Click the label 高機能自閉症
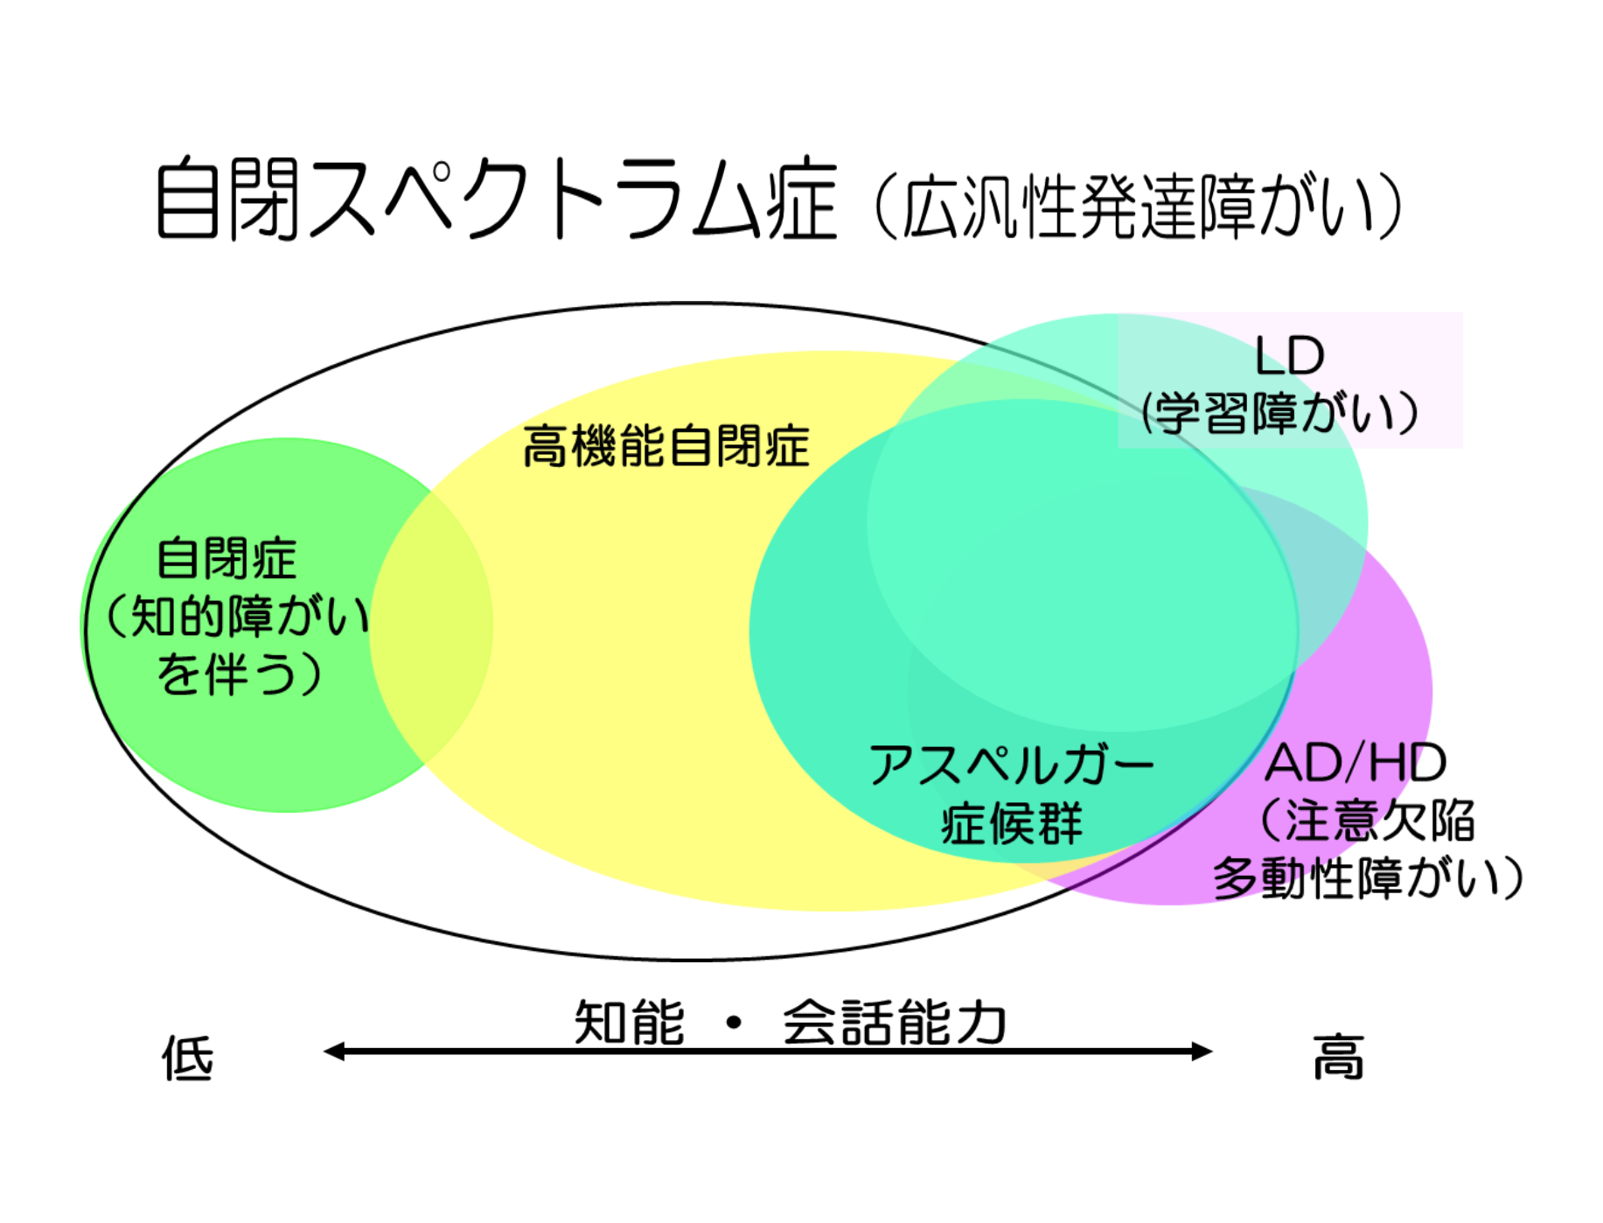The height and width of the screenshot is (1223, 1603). (x=666, y=446)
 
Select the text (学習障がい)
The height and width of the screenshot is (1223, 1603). (x=1280, y=414)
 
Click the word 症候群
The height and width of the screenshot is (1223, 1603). (x=1012, y=823)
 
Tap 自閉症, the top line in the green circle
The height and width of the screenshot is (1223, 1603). (x=227, y=559)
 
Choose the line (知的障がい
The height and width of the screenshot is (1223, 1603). (x=236, y=617)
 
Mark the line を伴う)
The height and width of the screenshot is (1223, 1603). (x=239, y=674)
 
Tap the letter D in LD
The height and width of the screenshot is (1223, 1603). (x=1307, y=356)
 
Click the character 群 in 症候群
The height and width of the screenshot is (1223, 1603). (x=1060, y=823)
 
